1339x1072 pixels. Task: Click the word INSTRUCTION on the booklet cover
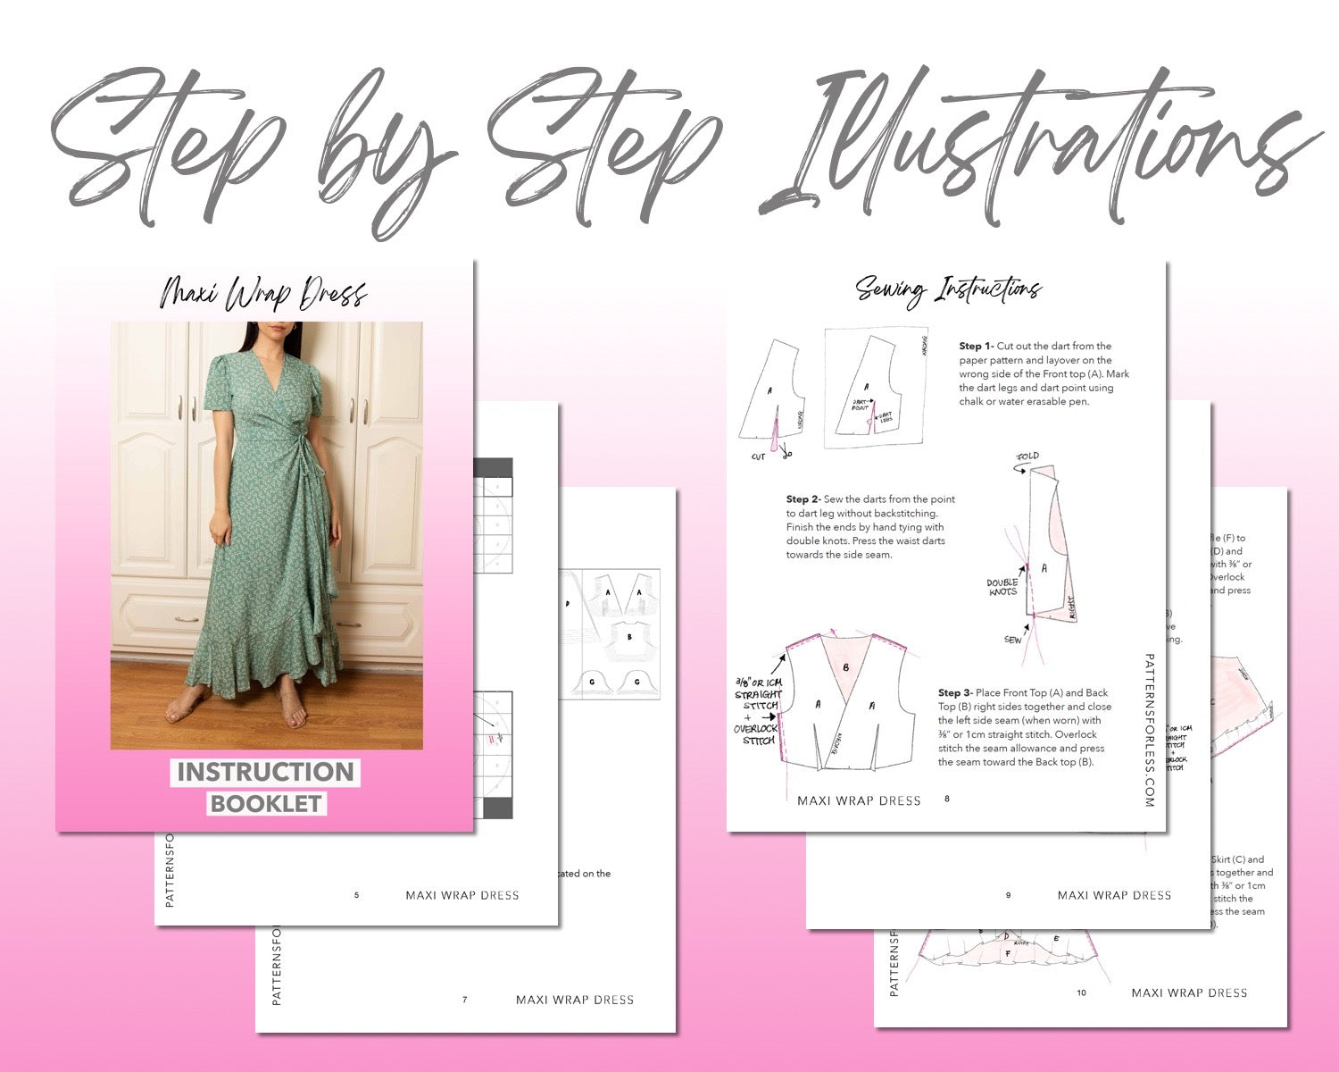(265, 772)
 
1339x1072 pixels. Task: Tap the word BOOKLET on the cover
(265, 803)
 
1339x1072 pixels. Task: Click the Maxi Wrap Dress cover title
(263, 294)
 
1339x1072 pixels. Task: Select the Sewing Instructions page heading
(948, 289)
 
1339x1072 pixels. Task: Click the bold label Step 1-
(976, 346)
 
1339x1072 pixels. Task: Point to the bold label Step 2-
(803, 499)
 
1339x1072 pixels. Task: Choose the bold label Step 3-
(954, 692)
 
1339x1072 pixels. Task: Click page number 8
(947, 799)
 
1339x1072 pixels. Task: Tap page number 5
(356, 894)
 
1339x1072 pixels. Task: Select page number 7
(464, 999)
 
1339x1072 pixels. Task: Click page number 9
(1008, 894)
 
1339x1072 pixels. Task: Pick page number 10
(1081, 992)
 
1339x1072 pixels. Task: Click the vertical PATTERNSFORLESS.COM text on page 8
(1149, 730)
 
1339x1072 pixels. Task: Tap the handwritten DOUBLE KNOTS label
(1002, 587)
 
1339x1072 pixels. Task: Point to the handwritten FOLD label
(1027, 456)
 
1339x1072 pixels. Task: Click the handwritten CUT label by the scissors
(758, 456)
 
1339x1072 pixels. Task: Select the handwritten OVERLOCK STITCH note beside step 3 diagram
(756, 734)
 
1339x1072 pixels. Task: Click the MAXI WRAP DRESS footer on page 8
(859, 800)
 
